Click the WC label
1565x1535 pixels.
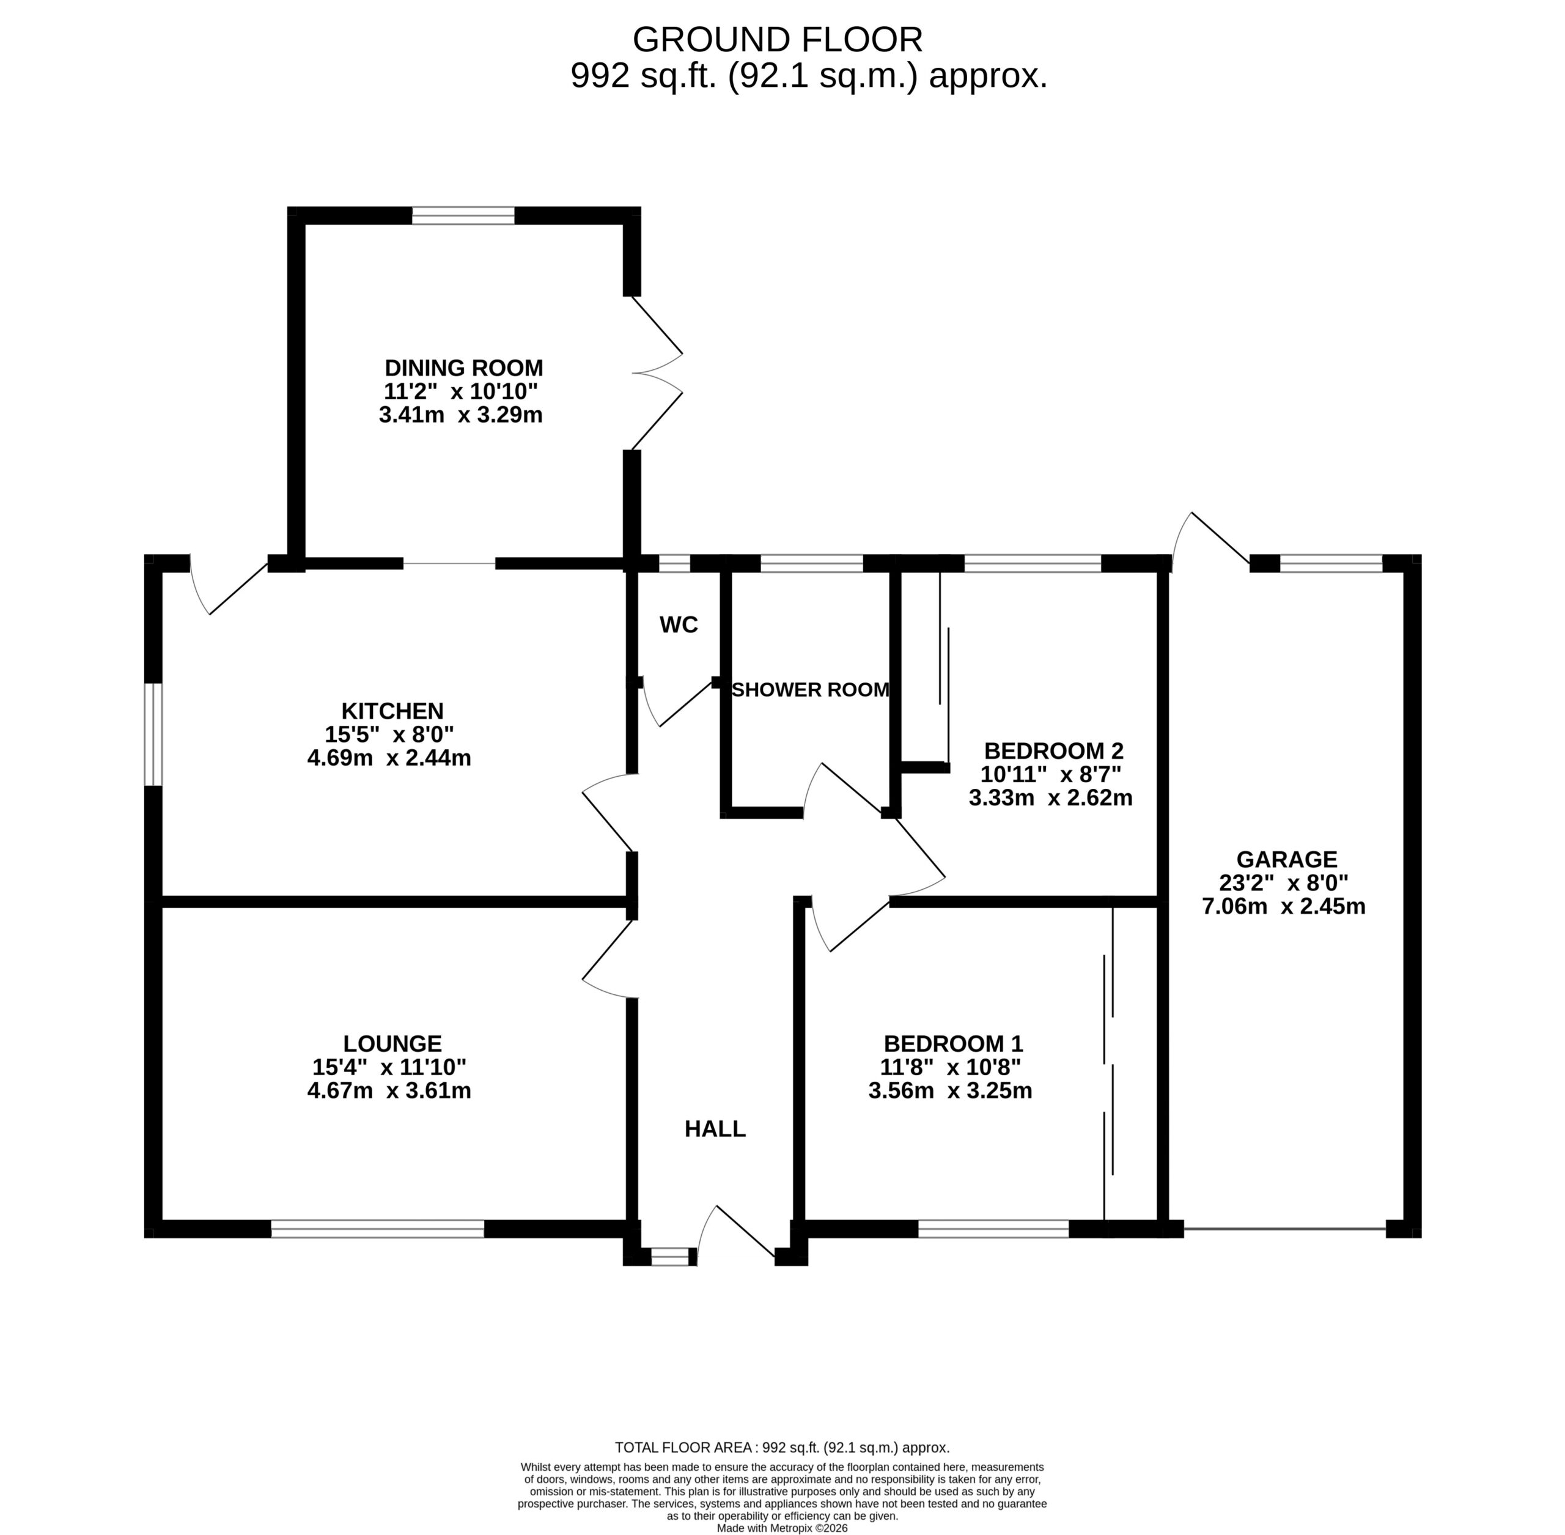[x=679, y=625]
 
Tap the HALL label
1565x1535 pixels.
[x=715, y=1130]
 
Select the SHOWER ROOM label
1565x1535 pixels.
[x=810, y=689]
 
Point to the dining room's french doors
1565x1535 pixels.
[x=657, y=372]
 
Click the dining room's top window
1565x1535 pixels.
[x=463, y=215]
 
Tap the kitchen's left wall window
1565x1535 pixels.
[x=153, y=734]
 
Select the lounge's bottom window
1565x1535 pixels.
[x=378, y=1229]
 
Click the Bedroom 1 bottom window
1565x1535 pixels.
[x=993, y=1229]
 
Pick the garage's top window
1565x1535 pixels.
[x=1331, y=563]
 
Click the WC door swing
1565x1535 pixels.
[x=676, y=703]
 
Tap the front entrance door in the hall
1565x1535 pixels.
[x=737, y=1234]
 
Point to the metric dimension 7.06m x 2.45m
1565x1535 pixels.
[x=1284, y=906]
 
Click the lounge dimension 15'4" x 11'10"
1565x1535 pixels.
[x=389, y=1067]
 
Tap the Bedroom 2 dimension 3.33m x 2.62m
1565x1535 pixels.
[x=1051, y=798]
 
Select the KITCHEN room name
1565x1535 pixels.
[x=392, y=711]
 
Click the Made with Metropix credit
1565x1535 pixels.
[x=782, y=1528]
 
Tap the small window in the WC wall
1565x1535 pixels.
[x=674, y=563]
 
